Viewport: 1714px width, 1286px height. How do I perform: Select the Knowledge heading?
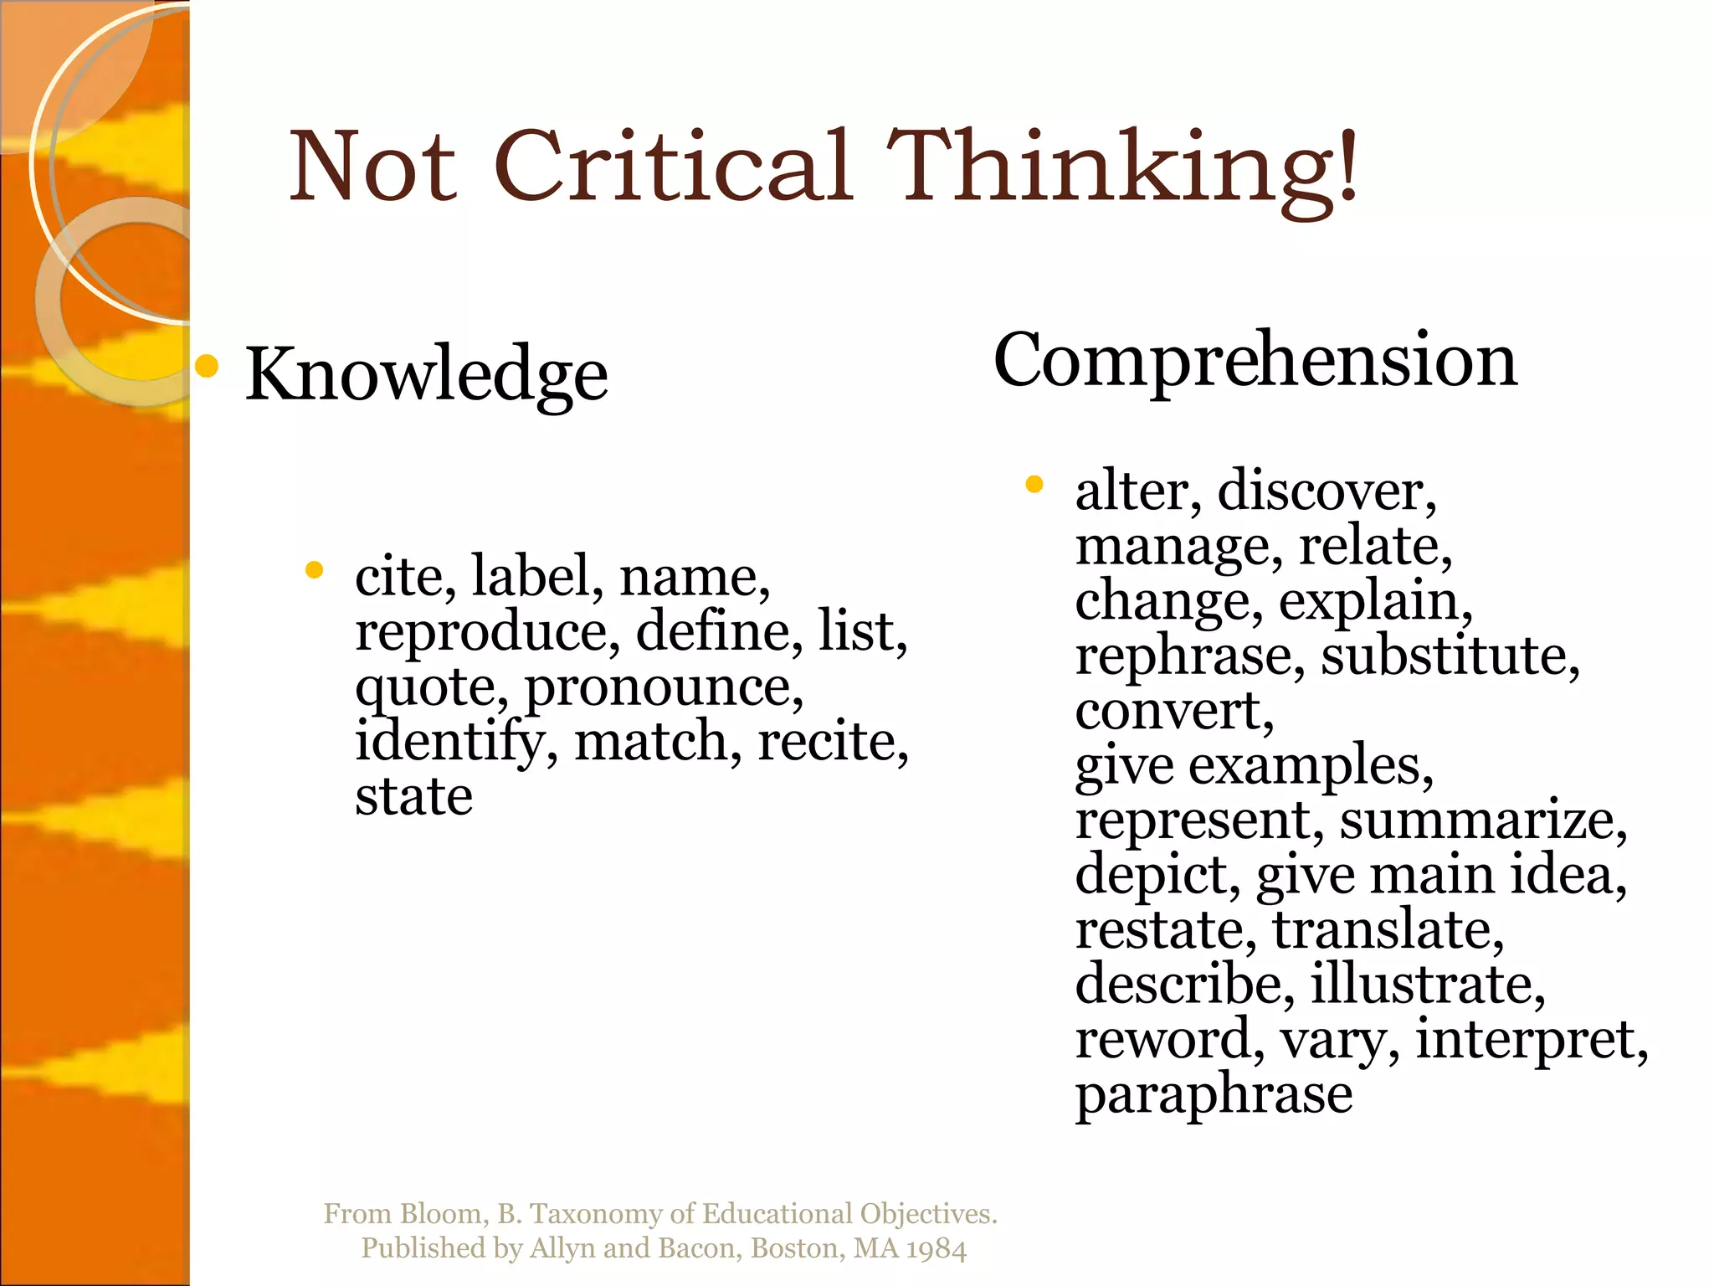(426, 374)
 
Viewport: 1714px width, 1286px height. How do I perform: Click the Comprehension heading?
(1255, 361)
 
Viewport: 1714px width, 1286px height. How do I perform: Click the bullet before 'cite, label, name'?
(315, 571)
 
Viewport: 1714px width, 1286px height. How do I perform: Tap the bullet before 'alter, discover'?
(1034, 484)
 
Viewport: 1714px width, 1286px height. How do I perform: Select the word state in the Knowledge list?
(413, 796)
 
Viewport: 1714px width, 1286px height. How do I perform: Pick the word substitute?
(1449, 656)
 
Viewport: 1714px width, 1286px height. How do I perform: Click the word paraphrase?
(1214, 1094)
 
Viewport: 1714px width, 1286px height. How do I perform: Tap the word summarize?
(1482, 820)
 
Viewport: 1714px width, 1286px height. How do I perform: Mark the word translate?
(1387, 930)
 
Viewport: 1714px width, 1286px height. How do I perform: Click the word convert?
(1173, 711)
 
